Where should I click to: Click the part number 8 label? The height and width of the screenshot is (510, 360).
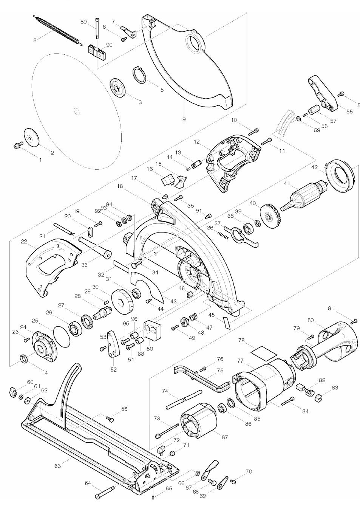[35, 40]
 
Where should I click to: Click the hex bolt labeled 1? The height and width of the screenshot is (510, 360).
[17, 145]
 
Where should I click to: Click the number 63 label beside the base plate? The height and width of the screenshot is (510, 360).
[58, 466]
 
